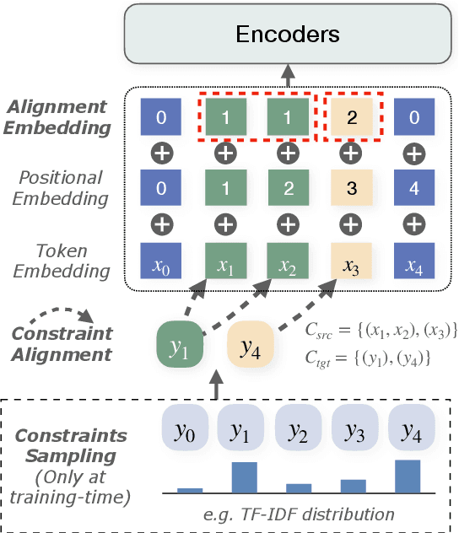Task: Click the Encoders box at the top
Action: click(288, 35)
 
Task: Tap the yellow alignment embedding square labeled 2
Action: click(351, 118)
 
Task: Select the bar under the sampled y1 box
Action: click(244, 477)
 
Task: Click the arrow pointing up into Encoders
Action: click(288, 73)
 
